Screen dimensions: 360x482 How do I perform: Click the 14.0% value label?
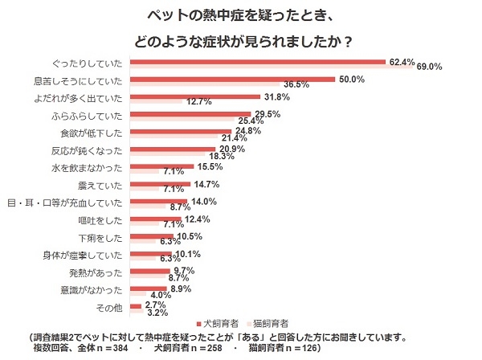click(202, 201)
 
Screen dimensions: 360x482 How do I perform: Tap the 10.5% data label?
click(189, 236)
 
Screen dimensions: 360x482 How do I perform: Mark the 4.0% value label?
click(161, 294)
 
